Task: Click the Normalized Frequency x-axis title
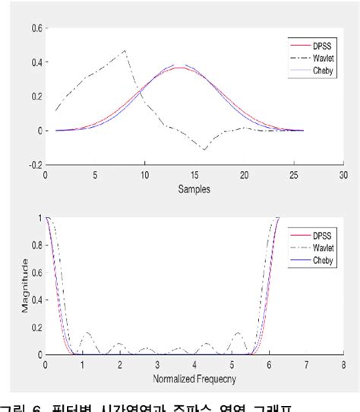tap(194, 377)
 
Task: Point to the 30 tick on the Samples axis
tap(343, 174)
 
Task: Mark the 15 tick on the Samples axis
tap(194, 174)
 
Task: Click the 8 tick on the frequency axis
tap(343, 365)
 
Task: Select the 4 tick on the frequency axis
tap(194, 365)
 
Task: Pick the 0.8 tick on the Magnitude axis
tap(36, 246)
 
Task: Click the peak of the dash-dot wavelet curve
tap(125, 51)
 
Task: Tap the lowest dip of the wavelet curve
tap(204, 149)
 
